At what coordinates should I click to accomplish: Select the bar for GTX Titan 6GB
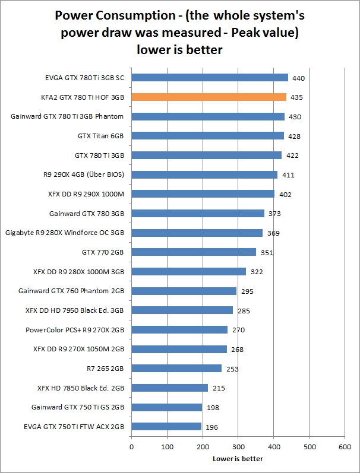[207, 135]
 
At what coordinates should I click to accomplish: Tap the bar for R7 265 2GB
[176, 368]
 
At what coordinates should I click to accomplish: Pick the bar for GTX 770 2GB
[194, 252]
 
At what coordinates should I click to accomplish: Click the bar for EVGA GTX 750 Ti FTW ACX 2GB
[166, 426]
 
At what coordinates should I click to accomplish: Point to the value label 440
[298, 78]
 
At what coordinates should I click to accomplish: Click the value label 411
[288, 174]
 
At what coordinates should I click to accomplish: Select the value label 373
[274, 214]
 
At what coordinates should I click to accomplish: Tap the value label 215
[217, 388]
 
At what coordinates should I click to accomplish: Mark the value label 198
[212, 408]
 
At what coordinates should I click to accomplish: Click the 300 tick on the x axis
[238, 446]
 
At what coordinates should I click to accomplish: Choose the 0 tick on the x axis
[131, 446]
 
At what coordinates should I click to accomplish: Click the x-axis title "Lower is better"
[238, 458]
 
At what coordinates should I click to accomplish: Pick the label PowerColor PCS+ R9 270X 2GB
[75, 329]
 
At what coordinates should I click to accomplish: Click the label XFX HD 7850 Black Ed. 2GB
[80, 388]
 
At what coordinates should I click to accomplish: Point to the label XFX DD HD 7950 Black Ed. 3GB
[75, 310]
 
